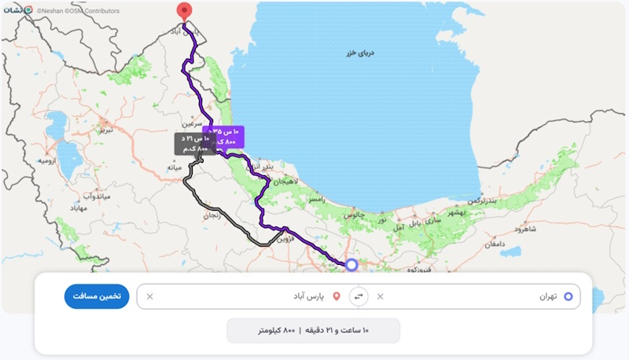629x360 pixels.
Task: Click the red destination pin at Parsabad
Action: [x=184, y=12]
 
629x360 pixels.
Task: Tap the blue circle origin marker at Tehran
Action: [x=351, y=265]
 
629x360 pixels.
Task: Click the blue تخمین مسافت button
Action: [x=96, y=296]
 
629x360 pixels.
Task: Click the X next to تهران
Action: [x=381, y=296]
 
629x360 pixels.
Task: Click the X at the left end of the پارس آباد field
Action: [x=150, y=296]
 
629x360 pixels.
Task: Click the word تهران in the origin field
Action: [x=547, y=296]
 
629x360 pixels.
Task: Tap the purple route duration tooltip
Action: [x=224, y=136]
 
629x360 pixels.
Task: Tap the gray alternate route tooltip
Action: [x=194, y=143]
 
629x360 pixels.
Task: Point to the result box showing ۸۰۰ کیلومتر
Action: [x=313, y=331]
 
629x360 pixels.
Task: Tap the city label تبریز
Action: [x=105, y=130]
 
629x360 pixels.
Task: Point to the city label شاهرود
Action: [x=524, y=229]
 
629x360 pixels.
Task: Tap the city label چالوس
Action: [x=350, y=214]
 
